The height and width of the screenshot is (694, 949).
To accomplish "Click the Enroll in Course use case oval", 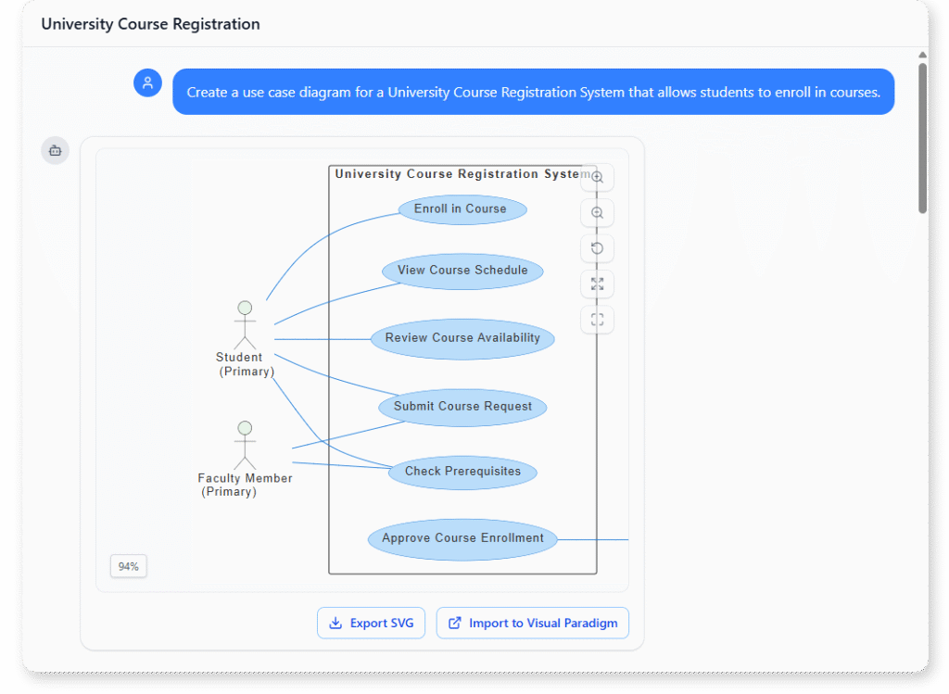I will click(462, 209).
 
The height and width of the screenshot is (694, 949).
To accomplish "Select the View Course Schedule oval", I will click(462, 271).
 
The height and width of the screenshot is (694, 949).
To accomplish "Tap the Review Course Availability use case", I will click(462, 338).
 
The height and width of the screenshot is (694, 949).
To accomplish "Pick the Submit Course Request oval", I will click(462, 407).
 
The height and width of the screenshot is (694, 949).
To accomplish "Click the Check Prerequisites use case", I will click(462, 472).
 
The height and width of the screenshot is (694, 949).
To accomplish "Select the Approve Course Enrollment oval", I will click(462, 538).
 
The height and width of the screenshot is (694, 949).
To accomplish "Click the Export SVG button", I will click(371, 624).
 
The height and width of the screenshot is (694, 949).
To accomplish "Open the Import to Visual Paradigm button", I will click(533, 624).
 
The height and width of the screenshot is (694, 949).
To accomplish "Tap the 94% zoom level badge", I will click(128, 566).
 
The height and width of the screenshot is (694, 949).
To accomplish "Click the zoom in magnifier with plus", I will click(597, 177).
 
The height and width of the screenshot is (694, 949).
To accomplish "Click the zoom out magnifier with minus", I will click(597, 213).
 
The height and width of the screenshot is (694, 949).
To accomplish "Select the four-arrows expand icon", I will click(597, 284).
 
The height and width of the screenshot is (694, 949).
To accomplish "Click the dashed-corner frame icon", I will click(597, 320).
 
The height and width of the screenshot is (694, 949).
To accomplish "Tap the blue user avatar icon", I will click(147, 82).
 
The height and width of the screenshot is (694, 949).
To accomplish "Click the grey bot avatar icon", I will click(55, 150).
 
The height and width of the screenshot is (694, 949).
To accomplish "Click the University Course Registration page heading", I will click(150, 24).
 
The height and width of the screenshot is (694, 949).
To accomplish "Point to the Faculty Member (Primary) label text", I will click(244, 485).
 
